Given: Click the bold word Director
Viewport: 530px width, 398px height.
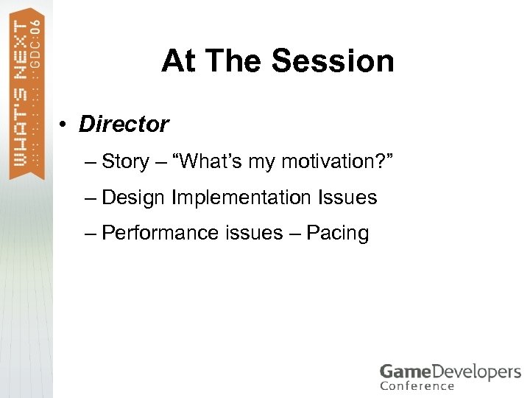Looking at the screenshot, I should [124, 125].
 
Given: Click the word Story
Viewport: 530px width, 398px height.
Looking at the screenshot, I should [125, 161].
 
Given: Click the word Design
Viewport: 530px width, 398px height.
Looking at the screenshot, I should [134, 198].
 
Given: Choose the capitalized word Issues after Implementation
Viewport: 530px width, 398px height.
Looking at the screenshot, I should [347, 198].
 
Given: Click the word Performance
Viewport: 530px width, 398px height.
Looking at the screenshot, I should [155, 234].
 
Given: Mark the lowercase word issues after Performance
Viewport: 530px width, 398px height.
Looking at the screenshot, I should [249, 234].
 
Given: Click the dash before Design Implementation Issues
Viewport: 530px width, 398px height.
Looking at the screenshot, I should [90, 198].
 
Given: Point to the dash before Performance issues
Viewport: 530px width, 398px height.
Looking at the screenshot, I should [90, 234].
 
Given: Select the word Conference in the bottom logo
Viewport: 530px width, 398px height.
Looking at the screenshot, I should [417, 386].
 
